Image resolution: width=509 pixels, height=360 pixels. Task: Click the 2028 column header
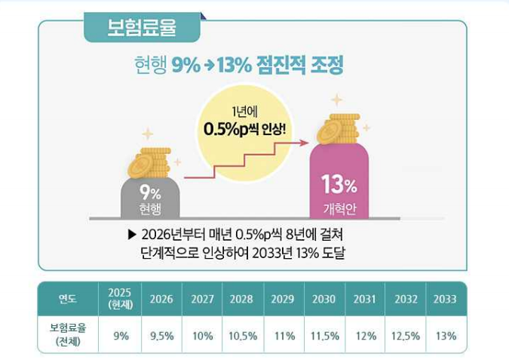click(241, 299)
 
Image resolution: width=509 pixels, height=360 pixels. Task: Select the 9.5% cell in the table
click(161, 336)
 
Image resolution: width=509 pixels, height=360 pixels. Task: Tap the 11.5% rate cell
click(324, 336)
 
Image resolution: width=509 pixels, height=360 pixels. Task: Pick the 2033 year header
click(445, 299)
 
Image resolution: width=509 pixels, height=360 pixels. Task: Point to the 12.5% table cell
click(406, 336)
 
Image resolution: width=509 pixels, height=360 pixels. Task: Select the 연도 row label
click(68, 299)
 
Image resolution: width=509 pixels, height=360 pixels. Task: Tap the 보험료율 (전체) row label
click(68, 336)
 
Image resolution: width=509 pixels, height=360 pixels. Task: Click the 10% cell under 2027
click(202, 336)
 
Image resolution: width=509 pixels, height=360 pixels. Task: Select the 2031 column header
click(365, 299)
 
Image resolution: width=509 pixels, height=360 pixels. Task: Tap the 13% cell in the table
click(445, 336)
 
